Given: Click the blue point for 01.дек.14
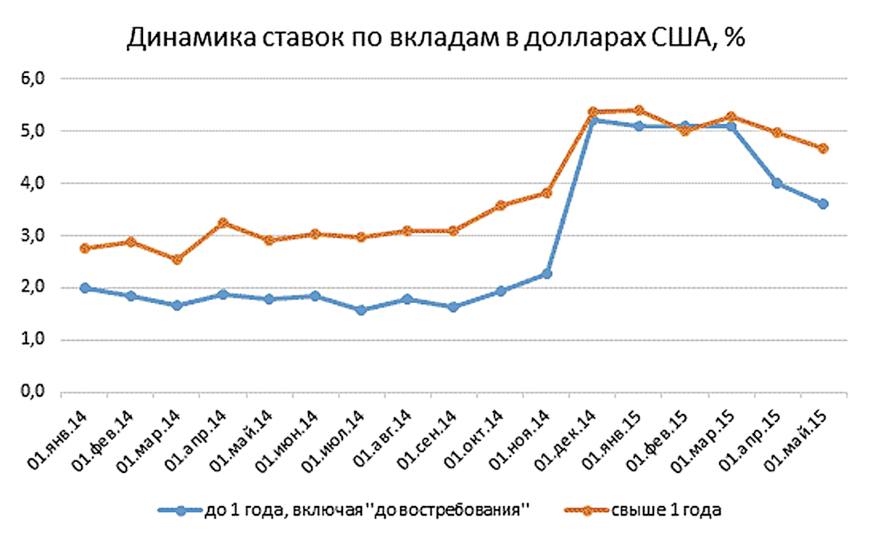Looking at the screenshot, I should pyautogui.click(x=593, y=120).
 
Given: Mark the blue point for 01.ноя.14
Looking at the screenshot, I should pyautogui.click(x=547, y=273).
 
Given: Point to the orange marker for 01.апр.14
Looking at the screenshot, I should pyautogui.click(x=223, y=223).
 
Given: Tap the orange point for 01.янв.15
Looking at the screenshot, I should pyautogui.click(x=639, y=110).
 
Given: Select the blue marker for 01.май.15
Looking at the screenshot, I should pyautogui.click(x=824, y=204).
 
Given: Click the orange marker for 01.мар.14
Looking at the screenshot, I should pyautogui.click(x=177, y=259).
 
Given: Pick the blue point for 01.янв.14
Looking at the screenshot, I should pyautogui.click(x=85, y=288).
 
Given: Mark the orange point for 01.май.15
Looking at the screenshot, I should pyautogui.click(x=824, y=149).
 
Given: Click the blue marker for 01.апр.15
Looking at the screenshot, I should pyautogui.click(x=777, y=183).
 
